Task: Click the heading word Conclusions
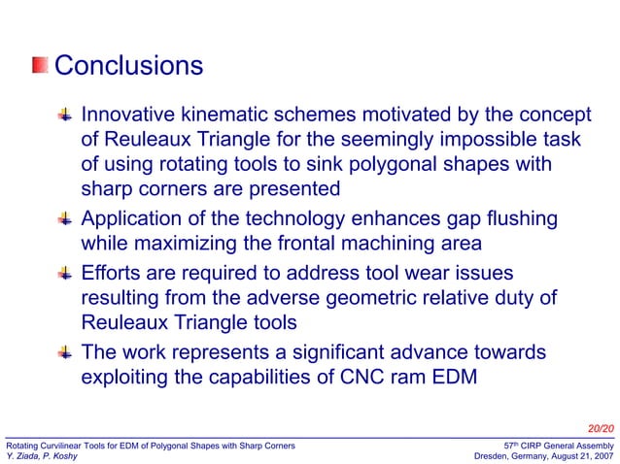pyautogui.click(x=128, y=66)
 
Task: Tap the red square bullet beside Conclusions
pyautogui.click(x=40, y=66)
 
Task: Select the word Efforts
pyautogui.click(x=116, y=274)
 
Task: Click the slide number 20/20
pyautogui.click(x=601, y=427)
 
